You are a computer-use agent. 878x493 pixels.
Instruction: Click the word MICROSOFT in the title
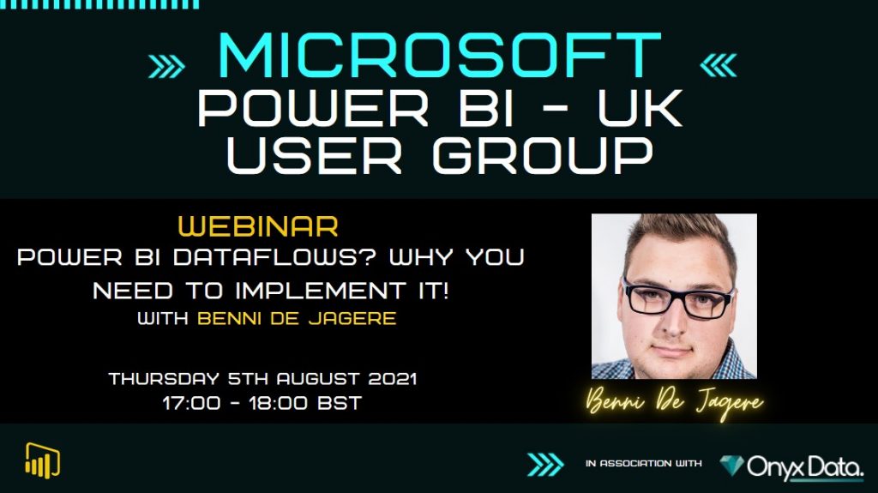click(x=438, y=57)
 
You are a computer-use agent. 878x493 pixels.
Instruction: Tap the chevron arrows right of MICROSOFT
click(x=718, y=65)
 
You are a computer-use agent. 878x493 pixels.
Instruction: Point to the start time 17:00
click(x=191, y=402)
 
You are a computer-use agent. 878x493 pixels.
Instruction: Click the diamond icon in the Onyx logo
click(x=732, y=465)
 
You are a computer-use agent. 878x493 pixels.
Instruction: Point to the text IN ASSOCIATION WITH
click(x=644, y=464)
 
